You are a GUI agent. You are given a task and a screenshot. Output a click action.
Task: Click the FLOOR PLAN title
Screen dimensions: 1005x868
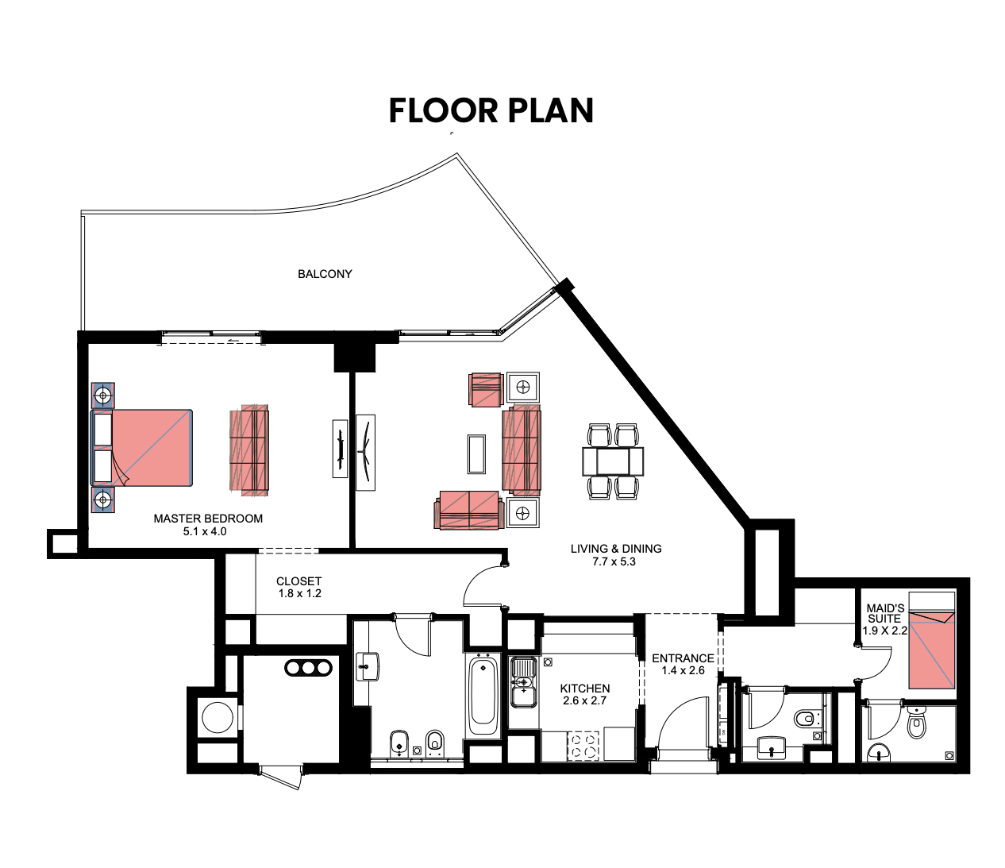tap(491, 110)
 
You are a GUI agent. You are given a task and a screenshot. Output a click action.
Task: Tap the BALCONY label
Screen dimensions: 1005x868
tap(325, 274)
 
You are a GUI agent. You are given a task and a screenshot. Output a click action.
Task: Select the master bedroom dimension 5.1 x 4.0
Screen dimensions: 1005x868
tap(205, 531)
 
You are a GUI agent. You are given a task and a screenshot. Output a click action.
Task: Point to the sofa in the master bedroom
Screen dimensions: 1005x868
tap(249, 450)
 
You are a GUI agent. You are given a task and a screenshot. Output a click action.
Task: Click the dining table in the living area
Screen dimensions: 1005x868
tap(613, 461)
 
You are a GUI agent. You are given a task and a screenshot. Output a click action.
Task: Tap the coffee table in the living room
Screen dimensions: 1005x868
tap(476, 454)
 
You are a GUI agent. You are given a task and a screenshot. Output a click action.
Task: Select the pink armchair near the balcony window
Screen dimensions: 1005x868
tap(486, 389)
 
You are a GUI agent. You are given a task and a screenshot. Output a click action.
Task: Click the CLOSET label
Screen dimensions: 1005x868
tap(298, 581)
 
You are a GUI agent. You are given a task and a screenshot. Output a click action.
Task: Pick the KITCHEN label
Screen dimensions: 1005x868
tap(585, 689)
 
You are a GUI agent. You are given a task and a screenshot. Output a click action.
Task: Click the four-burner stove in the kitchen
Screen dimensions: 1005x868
tap(583, 746)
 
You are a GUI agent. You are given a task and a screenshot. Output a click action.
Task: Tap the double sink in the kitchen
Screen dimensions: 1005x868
tap(523, 682)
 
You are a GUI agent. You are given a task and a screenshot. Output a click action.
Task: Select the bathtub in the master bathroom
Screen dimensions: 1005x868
tap(483, 694)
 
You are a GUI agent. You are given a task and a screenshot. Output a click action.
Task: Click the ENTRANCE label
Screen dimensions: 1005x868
tap(683, 658)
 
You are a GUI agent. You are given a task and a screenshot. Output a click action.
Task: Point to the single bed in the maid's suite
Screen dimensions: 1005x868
tap(932, 650)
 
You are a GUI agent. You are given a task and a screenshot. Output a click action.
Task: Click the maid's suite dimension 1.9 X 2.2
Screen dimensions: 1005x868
tap(885, 631)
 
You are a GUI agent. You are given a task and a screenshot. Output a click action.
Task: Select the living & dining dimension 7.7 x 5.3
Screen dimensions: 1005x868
tap(614, 561)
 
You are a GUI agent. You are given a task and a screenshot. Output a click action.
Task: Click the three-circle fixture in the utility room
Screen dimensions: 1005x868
tap(308, 668)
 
